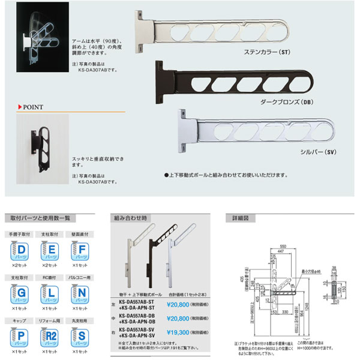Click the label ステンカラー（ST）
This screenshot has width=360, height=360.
click(x=266, y=52)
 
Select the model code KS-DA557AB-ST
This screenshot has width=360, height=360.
click(x=136, y=302)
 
